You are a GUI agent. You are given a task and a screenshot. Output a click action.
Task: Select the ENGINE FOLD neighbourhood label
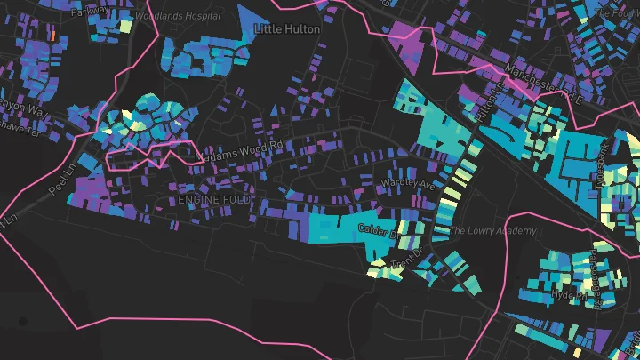[x=214, y=200]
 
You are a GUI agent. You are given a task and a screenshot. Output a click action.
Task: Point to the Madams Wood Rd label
[x=238, y=151]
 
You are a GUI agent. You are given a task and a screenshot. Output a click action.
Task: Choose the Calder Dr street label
[x=376, y=231]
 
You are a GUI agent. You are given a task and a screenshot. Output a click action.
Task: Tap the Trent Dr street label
[x=408, y=263]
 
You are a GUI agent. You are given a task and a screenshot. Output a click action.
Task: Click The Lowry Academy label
[x=492, y=231]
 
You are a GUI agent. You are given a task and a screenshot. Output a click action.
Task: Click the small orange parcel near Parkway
[x=52, y=36]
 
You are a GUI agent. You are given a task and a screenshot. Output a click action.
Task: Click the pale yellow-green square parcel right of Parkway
[x=125, y=25]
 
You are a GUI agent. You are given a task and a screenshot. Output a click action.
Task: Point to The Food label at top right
[x=618, y=14]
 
